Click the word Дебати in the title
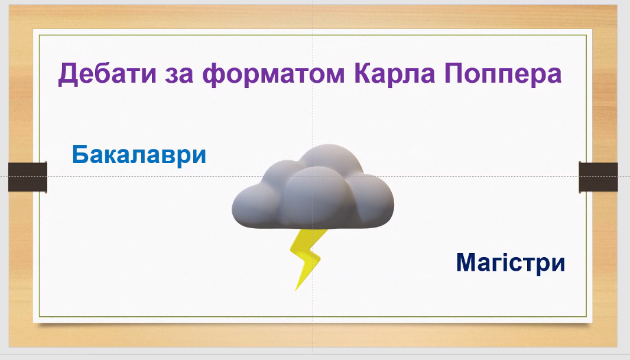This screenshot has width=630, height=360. tap(108, 74)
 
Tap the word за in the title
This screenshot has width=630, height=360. tap(179, 75)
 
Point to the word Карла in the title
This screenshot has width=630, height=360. tap(394, 74)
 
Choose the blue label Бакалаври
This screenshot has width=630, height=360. tap(139, 155)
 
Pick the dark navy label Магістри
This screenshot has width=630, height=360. tap(511, 262)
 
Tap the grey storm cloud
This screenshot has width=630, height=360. tap(313, 189)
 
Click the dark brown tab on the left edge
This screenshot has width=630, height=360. tap(28, 177)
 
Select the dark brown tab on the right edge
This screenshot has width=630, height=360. tap(598, 177)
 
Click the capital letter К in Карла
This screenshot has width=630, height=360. tap(363, 73)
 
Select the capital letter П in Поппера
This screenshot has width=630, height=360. tap(453, 73)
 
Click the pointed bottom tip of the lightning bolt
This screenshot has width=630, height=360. tap(295, 290)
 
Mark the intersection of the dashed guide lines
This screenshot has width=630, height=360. tap(313, 176)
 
